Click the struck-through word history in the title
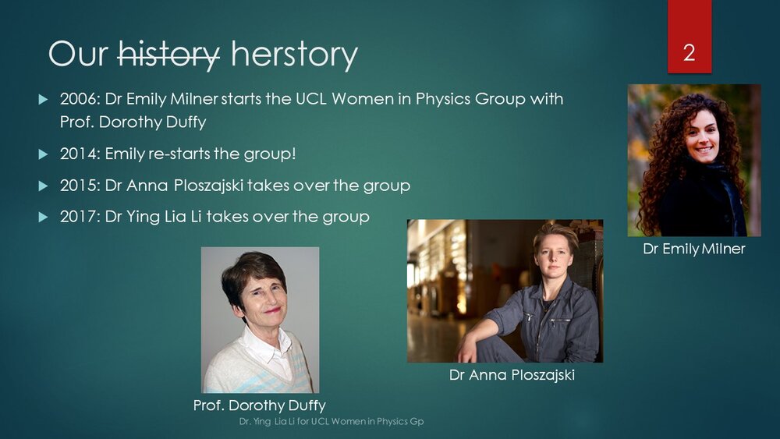tap(168, 55)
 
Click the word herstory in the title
tap(294, 55)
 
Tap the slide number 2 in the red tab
tap(689, 53)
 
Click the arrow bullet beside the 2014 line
tap(44, 154)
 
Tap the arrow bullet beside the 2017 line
tap(44, 218)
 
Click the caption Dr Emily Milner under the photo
tap(693, 249)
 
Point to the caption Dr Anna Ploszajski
tap(512, 375)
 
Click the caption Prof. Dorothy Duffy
tap(260, 405)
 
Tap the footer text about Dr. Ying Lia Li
tap(331, 422)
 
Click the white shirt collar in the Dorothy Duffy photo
tap(264, 343)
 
